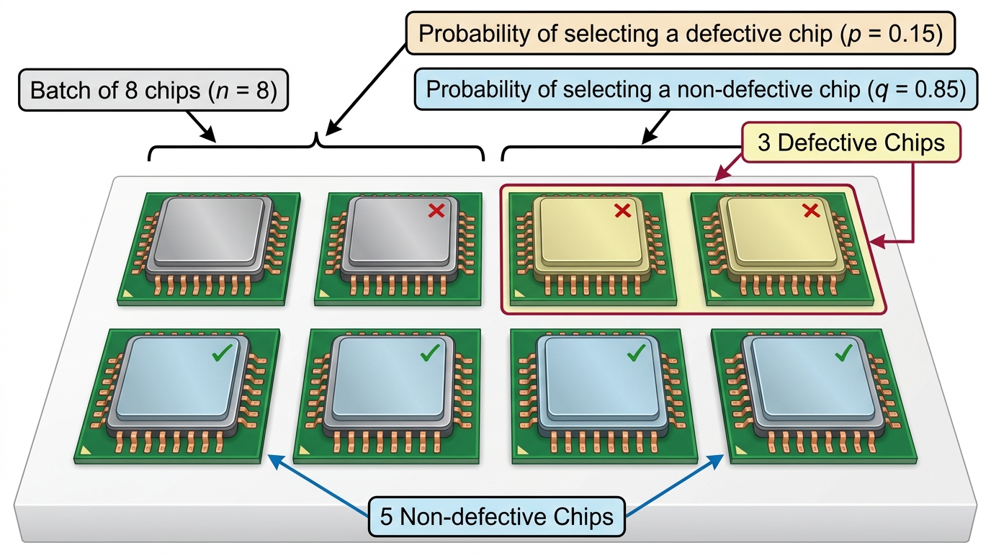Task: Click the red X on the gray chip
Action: (x=436, y=210)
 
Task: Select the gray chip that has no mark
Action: (x=210, y=248)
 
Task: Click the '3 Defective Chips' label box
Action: (x=851, y=143)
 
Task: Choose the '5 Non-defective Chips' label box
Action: (x=496, y=517)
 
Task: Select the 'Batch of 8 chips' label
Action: (x=153, y=90)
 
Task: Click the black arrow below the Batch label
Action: (x=202, y=127)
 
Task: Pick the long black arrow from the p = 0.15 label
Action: (x=366, y=89)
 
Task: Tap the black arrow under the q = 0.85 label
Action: (x=655, y=127)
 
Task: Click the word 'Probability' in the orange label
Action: (x=474, y=35)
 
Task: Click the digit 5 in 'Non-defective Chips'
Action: (x=386, y=517)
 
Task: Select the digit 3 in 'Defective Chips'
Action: (x=764, y=143)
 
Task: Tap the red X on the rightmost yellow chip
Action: (x=811, y=210)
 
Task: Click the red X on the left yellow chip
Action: (x=622, y=210)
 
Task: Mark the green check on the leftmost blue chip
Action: (x=222, y=353)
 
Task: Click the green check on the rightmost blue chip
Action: (x=843, y=353)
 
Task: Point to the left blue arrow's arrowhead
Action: (x=275, y=462)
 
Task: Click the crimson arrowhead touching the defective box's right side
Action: (x=877, y=241)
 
